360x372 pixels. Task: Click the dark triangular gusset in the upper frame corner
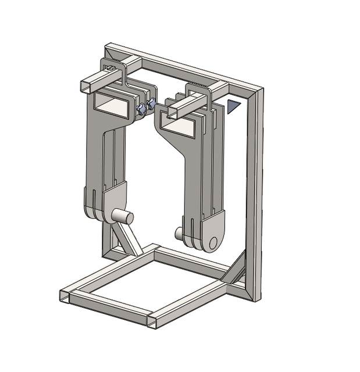tap(234, 106)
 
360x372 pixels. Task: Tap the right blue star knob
tap(151, 103)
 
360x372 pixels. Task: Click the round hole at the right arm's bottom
tap(213, 241)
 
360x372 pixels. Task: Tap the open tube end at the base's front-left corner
tap(64, 295)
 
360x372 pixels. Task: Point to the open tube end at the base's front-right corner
tap(152, 321)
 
